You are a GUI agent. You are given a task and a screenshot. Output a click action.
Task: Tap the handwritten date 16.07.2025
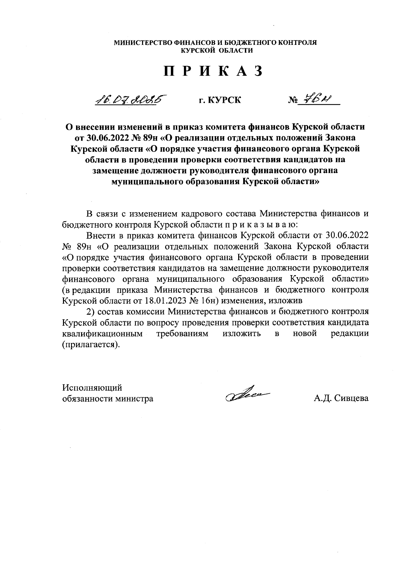point(131,99)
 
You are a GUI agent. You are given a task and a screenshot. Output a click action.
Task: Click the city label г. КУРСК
point(219,100)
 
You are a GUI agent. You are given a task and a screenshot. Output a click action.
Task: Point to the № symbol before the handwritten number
point(293,100)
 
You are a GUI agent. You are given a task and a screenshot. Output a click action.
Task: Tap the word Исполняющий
point(92,388)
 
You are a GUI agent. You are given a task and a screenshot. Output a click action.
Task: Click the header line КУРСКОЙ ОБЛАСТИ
point(216,51)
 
